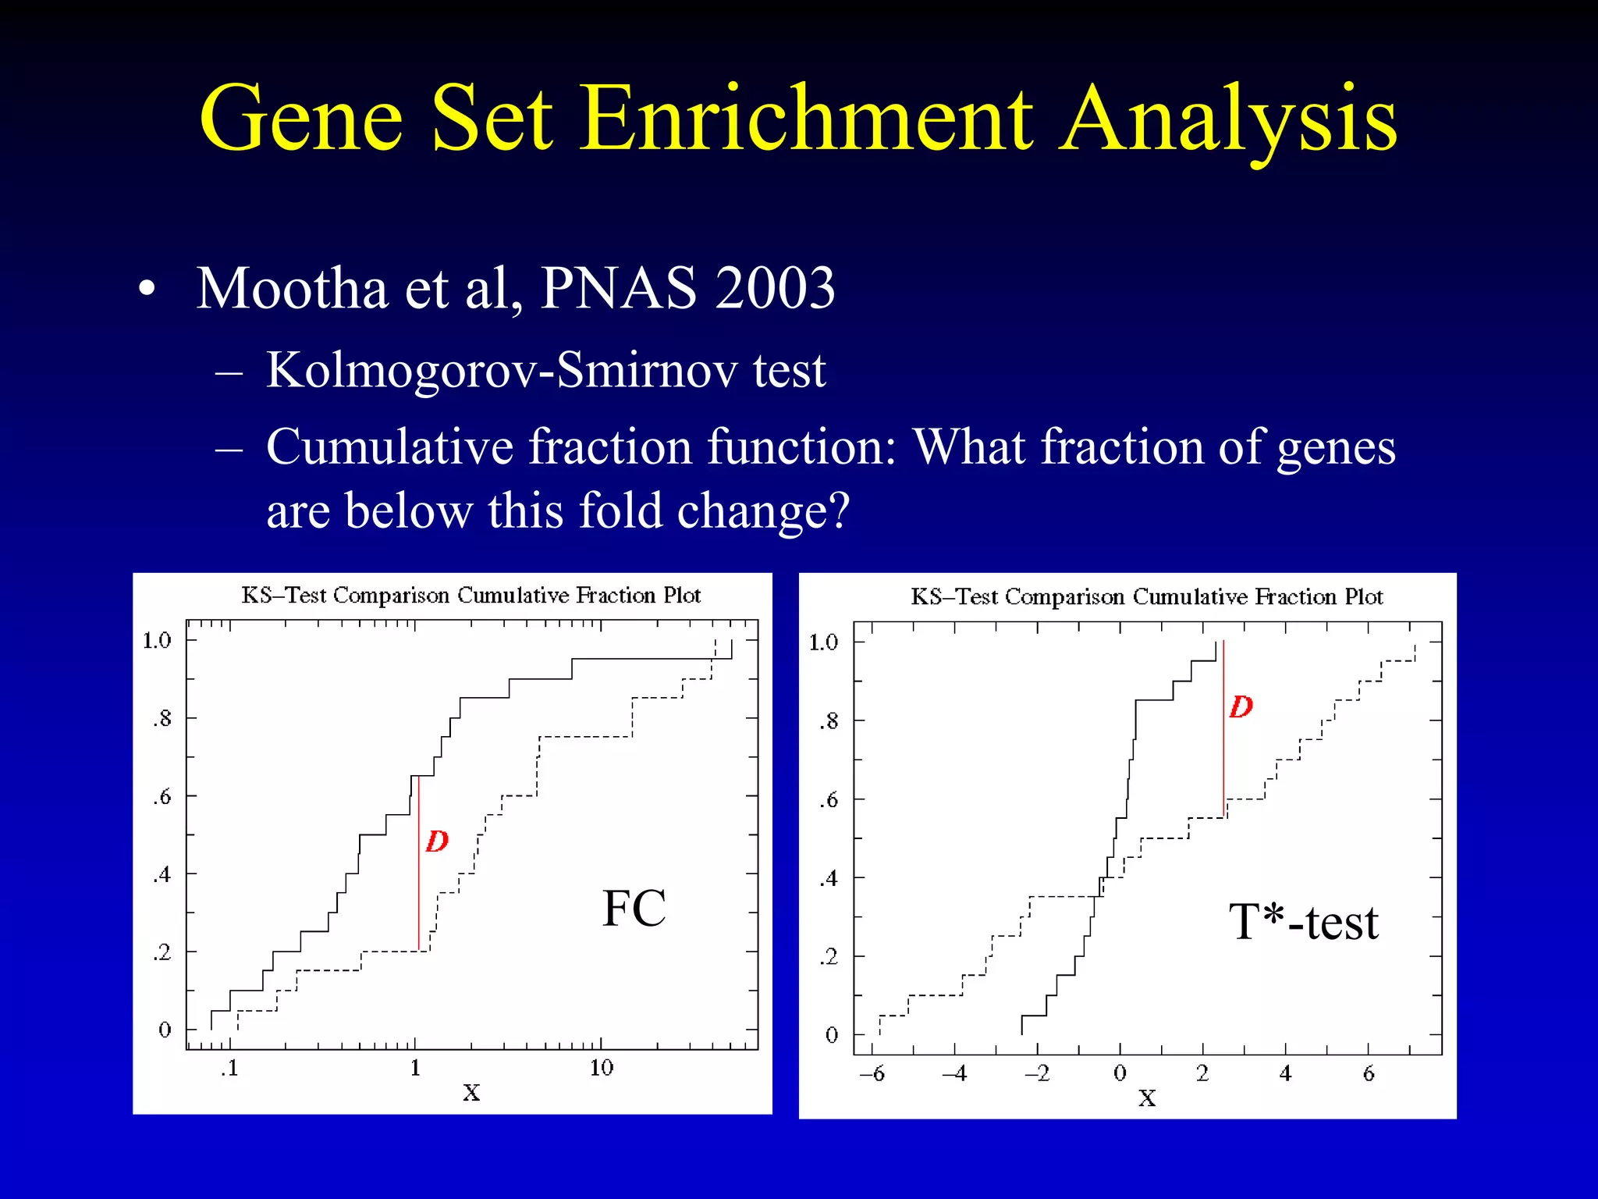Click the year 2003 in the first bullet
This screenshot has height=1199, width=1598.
coord(774,288)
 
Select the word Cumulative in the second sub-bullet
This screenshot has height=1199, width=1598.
coord(390,447)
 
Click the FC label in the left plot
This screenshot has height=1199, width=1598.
coord(634,908)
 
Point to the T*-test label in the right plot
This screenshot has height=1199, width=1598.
coord(1303,921)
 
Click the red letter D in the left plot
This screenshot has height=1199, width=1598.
coord(437,841)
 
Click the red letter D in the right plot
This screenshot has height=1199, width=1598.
coord(1241,706)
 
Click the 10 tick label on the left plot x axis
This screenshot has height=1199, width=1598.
coord(601,1067)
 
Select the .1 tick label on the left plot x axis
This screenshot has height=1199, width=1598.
coord(229,1067)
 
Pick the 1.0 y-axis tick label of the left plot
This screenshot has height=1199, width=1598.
coord(157,641)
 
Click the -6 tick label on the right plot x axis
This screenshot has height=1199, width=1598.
coord(872,1074)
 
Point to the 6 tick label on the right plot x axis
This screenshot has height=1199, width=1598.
coord(1369,1074)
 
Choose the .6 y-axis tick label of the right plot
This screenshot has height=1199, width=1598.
coord(829,800)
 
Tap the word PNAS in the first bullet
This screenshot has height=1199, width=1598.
coord(618,288)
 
